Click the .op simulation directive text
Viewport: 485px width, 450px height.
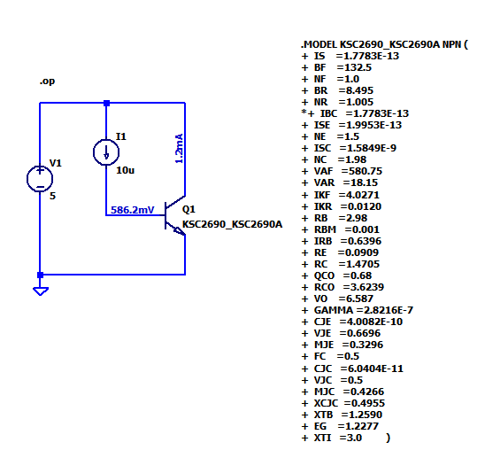(47, 81)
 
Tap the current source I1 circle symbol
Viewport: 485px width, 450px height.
(106, 151)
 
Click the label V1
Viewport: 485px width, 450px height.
(56, 163)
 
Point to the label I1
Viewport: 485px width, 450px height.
(121, 136)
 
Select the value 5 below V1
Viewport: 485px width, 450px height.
(52, 196)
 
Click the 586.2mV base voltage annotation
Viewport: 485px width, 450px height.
(133, 211)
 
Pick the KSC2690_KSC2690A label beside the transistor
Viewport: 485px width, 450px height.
(232, 225)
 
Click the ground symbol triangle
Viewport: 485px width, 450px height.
(40, 291)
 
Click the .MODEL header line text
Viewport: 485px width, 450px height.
(384, 43)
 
